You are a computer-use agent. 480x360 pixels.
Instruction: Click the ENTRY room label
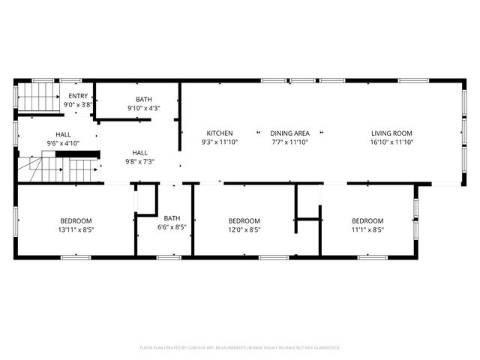coord(78,96)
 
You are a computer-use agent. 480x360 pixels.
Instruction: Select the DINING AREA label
coord(290,133)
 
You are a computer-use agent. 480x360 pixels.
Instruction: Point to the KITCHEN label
coord(220,133)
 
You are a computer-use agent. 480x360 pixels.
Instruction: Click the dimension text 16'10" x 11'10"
coord(391,142)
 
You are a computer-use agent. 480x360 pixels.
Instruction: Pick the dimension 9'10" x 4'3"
coord(144,108)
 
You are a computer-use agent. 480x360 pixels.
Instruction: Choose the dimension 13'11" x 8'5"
coord(76,230)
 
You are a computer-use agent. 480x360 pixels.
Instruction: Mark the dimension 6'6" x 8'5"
coord(172,227)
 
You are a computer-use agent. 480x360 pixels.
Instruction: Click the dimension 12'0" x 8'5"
coord(244,230)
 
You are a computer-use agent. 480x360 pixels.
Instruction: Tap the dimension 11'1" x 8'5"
coord(367,230)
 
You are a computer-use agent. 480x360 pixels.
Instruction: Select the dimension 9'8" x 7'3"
coord(139,160)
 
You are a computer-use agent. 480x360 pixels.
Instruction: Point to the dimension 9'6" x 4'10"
coord(63,142)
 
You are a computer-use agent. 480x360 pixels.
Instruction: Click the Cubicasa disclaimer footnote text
coord(240,348)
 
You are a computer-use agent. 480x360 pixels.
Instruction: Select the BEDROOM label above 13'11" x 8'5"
coord(76,220)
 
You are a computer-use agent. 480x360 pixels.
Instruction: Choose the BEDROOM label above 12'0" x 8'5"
coord(244,220)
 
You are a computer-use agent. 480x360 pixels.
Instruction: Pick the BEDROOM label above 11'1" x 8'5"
coord(367,220)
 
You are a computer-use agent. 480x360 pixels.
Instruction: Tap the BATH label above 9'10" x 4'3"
coord(144,99)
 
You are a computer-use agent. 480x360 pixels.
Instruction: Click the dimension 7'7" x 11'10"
coord(290,142)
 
